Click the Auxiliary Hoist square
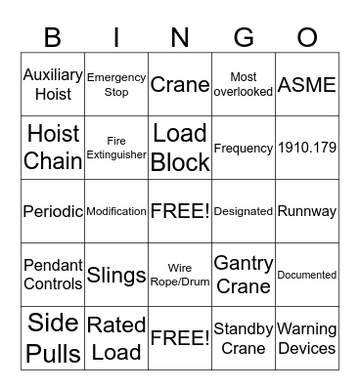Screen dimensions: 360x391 (53, 85)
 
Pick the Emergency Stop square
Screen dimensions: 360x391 (116, 85)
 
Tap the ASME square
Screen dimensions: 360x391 (307, 85)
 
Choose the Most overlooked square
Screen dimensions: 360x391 (244, 85)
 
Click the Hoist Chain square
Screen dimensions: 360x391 (53, 148)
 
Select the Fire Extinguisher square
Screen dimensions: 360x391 (116, 148)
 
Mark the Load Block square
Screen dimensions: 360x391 (180, 148)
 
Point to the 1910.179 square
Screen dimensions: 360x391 (307, 148)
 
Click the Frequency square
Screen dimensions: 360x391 (244, 148)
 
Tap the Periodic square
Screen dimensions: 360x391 (53, 211)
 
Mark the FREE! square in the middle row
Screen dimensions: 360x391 (180, 211)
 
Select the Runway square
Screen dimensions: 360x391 (307, 211)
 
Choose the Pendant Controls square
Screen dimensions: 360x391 (53, 275)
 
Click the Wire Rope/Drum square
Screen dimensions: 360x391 (180, 275)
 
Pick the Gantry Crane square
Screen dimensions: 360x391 (244, 275)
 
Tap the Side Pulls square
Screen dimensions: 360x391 (53, 338)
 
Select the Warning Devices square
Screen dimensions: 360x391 (307, 338)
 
